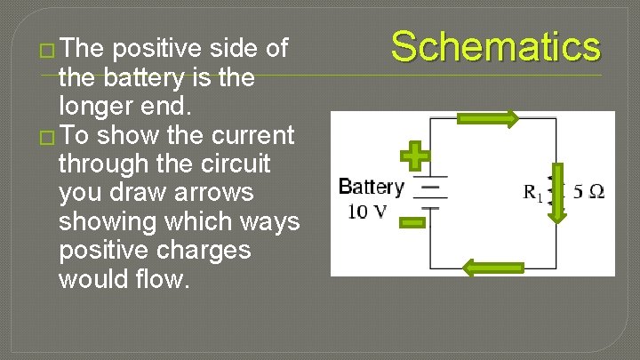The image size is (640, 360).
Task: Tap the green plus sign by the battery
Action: point(414,156)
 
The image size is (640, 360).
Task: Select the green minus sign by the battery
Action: point(412,220)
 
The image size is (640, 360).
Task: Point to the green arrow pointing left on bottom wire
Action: point(494,268)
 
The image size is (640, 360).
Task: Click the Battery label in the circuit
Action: point(371,188)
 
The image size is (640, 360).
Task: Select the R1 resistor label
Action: point(533,193)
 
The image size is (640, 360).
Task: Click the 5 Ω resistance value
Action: point(589,192)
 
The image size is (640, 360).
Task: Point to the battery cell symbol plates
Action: point(432,197)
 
